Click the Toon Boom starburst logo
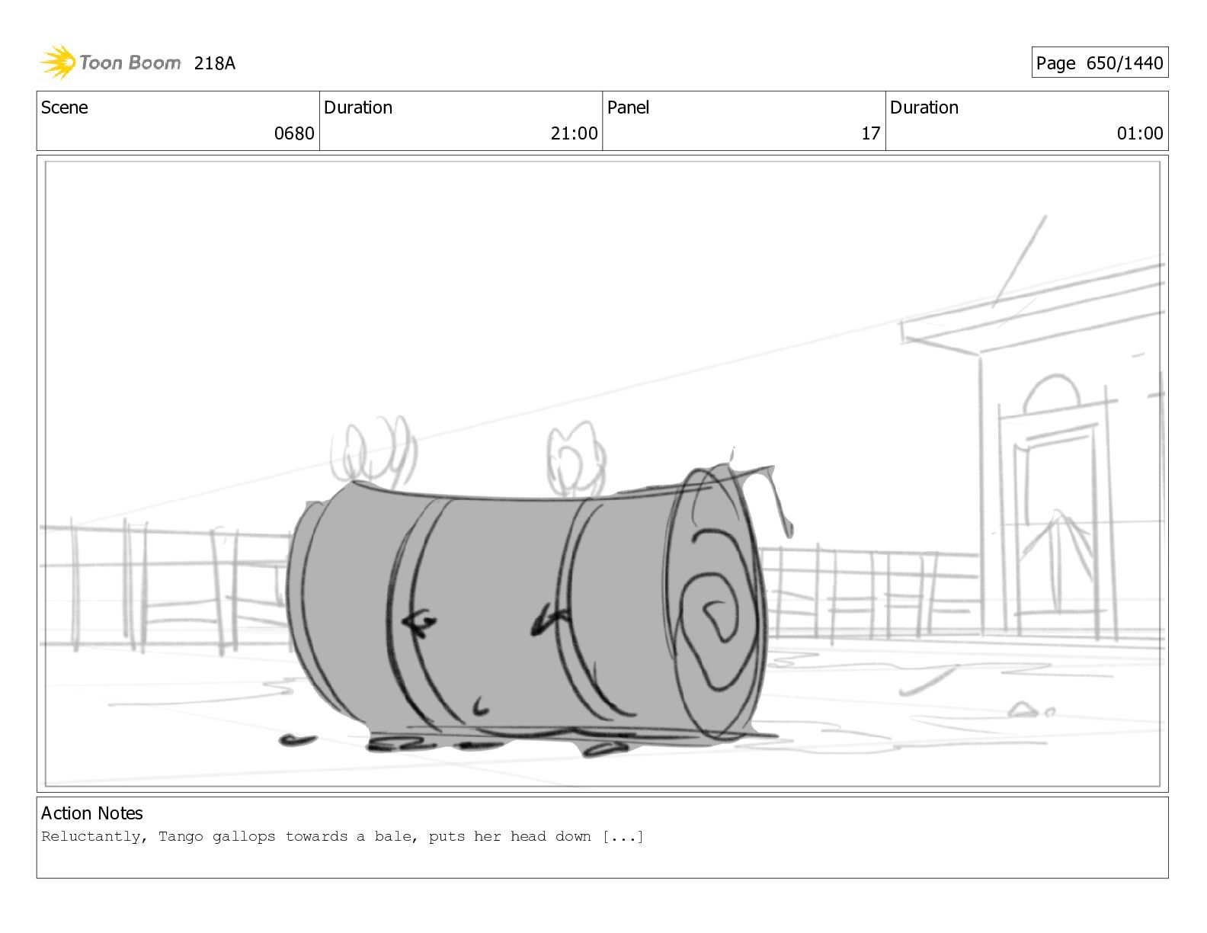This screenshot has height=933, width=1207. (58, 62)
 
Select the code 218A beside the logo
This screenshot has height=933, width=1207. (214, 63)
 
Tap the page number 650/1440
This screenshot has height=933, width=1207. (1124, 63)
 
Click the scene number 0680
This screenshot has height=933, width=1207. (294, 133)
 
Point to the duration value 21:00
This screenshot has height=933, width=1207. (574, 133)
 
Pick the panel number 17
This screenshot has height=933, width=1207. (870, 133)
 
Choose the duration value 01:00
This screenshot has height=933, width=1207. (1140, 133)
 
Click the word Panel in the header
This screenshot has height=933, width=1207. (628, 107)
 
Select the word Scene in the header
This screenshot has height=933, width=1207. (65, 107)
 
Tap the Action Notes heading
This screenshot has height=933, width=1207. (91, 813)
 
